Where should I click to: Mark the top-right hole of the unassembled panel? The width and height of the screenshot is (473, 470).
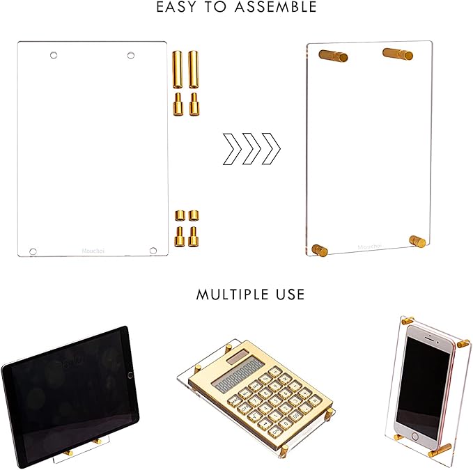(130, 54)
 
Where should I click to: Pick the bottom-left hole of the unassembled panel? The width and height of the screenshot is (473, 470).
(33, 249)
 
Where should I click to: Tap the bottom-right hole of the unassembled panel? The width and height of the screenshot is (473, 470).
(153, 249)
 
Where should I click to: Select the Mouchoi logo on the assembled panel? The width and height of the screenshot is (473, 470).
(369, 246)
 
